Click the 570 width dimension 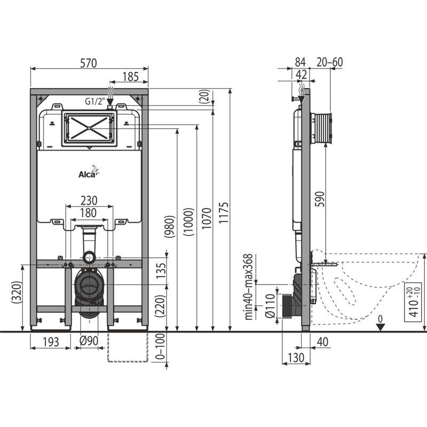coord(89,63)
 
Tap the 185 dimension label coord(130,77)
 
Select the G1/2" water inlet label coord(95,101)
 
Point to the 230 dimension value coord(89,201)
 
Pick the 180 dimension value coord(89,213)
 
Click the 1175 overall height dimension coord(224,212)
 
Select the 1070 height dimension coord(207,218)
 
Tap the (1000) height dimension coord(189,222)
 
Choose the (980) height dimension coord(169,226)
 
